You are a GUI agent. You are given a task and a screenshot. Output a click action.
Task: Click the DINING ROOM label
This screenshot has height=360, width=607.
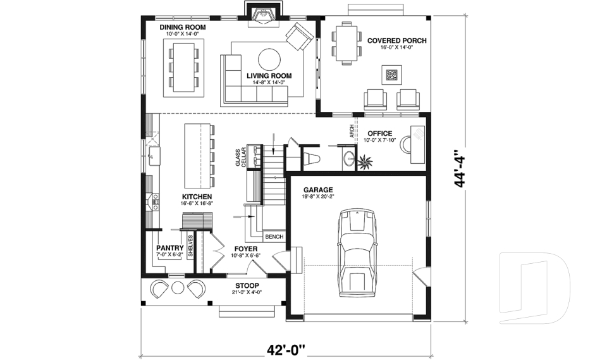pyautogui.click(x=183, y=28)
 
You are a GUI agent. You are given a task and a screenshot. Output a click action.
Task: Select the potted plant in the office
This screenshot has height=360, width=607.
pyautogui.click(x=365, y=163)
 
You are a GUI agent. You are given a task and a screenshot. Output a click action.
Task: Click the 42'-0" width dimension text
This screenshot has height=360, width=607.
pyautogui.click(x=286, y=349)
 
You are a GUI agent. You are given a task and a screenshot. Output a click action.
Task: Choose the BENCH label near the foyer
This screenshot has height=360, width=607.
pyautogui.click(x=274, y=237)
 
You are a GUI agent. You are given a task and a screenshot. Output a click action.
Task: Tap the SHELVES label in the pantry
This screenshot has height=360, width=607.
pyautogui.click(x=190, y=247)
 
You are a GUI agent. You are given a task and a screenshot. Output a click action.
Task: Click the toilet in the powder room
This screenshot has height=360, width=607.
pyautogui.click(x=310, y=158)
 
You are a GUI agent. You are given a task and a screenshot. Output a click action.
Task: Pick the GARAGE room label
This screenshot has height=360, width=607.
pyautogui.click(x=317, y=190)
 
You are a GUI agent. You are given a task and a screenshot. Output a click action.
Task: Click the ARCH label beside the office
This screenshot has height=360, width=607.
pyautogui.click(x=352, y=131)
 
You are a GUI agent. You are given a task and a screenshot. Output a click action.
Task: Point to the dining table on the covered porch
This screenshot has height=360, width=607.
pyautogui.click(x=345, y=42)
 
